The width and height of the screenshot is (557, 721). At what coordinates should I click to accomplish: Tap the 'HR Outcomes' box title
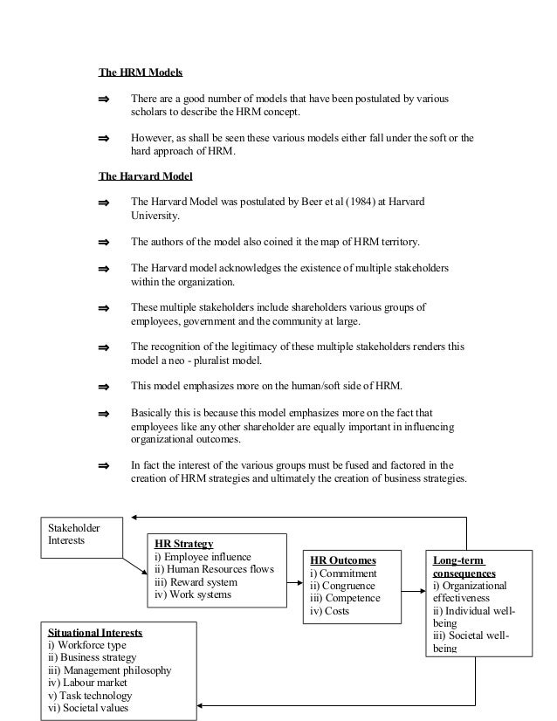coord(344,560)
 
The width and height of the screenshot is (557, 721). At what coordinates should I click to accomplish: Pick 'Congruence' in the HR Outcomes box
coord(345,586)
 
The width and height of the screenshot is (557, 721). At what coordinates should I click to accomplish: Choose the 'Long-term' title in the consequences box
coord(458,560)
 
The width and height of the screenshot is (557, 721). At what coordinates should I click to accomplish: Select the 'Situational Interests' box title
coord(95,631)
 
